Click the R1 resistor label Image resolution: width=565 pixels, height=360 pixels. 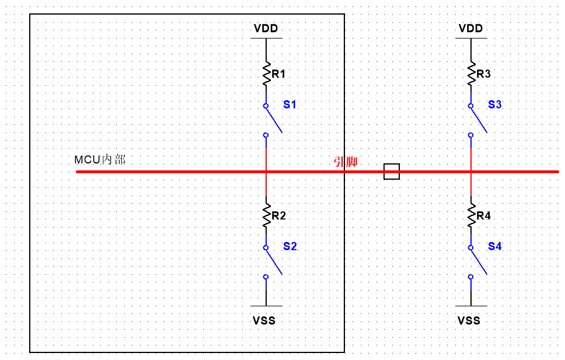(278, 74)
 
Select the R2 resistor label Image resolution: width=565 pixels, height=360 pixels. (279, 216)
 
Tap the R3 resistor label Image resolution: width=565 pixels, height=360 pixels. (483, 74)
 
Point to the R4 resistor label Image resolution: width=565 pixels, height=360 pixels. (483, 216)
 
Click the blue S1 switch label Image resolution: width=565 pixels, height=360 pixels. (290, 104)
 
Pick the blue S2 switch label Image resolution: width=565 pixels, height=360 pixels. (290, 246)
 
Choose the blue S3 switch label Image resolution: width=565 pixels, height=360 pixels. (495, 104)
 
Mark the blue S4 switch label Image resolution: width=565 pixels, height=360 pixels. (495, 246)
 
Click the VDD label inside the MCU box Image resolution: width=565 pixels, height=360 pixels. (266, 29)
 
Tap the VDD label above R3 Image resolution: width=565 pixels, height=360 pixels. (470, 29)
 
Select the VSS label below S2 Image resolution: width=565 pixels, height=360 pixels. (264, 320)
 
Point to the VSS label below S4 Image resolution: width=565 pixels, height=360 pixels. (469, 320)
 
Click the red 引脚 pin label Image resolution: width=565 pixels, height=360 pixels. (345, 162)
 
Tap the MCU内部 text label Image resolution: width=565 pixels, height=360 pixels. (100, 159)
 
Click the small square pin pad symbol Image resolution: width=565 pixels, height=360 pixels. (392, 172)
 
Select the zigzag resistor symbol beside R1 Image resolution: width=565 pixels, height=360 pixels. (266, 73)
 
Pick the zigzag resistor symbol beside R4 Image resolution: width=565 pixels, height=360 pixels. (471, 215)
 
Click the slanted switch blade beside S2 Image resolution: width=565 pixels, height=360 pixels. (274, 261)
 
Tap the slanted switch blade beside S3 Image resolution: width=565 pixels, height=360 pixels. (479, 119)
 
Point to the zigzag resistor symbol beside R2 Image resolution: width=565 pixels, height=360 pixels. (266, 215)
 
